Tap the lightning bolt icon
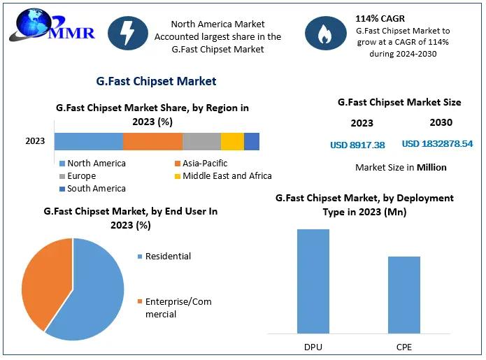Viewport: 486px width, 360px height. click(x=128, y=33)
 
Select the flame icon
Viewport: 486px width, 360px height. click(x=324, y=34)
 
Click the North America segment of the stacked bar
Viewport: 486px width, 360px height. click(x=88, y=141)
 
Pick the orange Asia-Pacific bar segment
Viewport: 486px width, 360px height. click(x=152, y=141)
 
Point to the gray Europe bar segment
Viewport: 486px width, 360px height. click(x=201, y=141)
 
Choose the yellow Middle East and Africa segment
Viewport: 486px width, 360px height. click(x=232, y=141)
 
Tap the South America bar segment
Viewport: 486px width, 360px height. click(x=252, y=141)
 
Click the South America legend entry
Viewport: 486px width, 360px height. click(x=92, y=189)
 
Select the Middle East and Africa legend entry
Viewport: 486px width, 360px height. click(x=222, y=176)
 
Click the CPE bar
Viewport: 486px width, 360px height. click(x=404, y=294)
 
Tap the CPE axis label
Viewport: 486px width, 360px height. click(x=404, y=346)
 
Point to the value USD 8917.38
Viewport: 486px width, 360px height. click(x=357, y=145)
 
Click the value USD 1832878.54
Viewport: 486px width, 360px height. click(x=437, y=144)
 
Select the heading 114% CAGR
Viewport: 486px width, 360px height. click(x=380, y=18)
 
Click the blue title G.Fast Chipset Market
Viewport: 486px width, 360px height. click(x=156, y=81)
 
